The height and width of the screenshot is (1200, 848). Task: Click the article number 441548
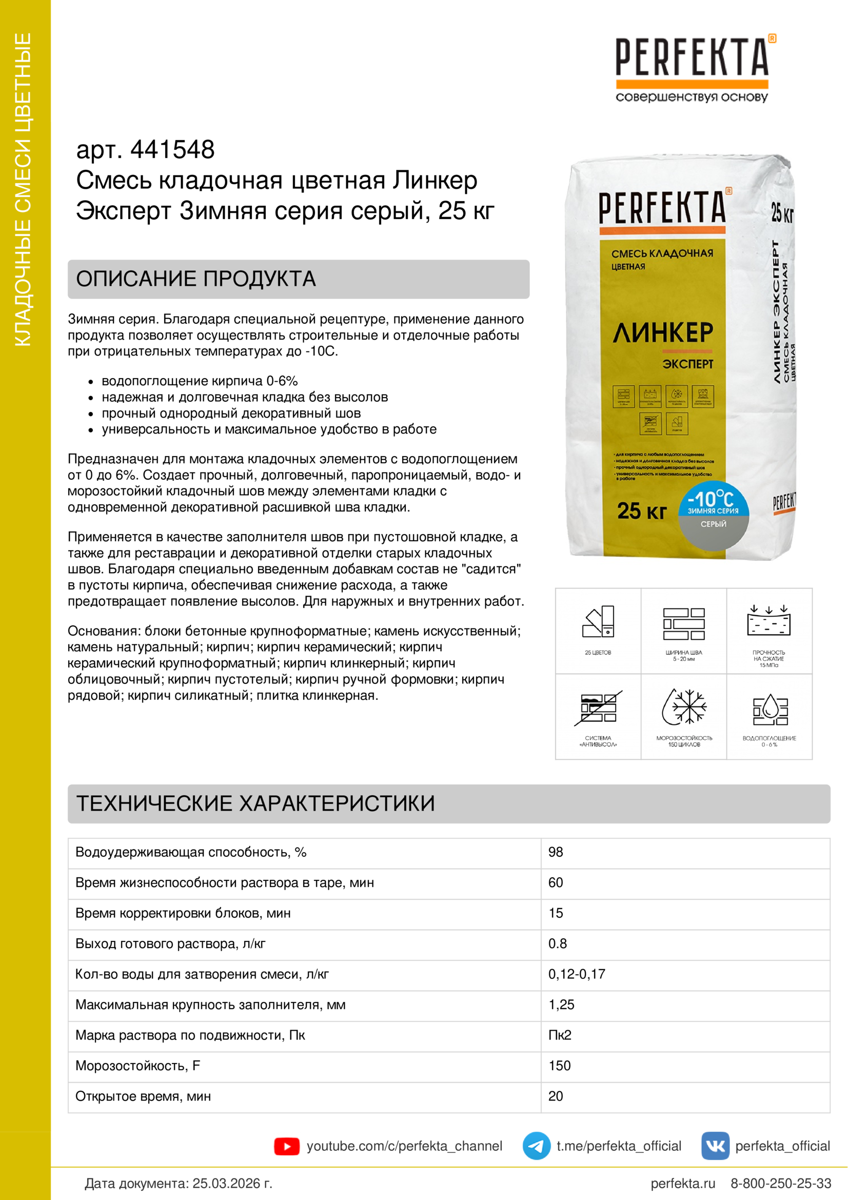click(x=172, y=150)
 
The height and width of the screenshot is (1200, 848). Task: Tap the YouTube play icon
click(x=286, y=1146)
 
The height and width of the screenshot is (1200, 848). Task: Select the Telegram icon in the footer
click(x=536, y=1146)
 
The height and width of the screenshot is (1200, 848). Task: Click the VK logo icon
click(x=715, y=1146)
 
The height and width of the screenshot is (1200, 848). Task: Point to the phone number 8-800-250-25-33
click(x=780, y=1183)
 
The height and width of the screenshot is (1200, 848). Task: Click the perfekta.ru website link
click(x=682, y=1183)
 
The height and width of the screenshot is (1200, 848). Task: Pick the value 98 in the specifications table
click(x=556, y=853)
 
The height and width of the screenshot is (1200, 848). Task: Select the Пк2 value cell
click(x=560, y=1035)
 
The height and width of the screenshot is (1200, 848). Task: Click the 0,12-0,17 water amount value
click(x=576, y=974)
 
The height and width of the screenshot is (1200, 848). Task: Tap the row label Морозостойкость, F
click(x=137, y=1066)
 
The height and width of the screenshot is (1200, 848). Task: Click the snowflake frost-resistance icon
click(x=684, y=706)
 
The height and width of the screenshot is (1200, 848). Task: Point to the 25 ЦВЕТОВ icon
click(x=598, y=622)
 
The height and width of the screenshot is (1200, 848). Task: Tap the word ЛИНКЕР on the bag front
click(x=662, y=332)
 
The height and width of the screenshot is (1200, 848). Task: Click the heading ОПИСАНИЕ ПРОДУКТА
click(x=196, y=279)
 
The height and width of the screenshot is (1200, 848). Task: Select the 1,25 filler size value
click(x=561, y=1005)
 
